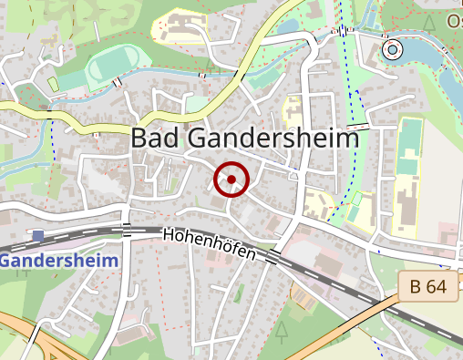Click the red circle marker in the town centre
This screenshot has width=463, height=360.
tap(231, 180)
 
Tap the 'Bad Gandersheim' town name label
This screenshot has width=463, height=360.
tap(245, 139)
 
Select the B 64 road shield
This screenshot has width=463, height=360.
tap(427, 286)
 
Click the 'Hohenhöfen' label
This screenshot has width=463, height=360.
tap(210, 242)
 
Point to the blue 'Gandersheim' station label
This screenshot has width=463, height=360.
tap(60, 261)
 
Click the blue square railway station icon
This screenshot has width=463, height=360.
tap(37, 237)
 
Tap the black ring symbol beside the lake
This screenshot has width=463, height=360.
tap(392, 50)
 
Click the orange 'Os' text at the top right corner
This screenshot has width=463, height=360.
tap(453, 19)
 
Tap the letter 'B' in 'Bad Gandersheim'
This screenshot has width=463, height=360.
tap(142, 139)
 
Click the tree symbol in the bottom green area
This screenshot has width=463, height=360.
tap(282, 327)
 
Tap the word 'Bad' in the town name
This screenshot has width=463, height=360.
tap(156, 139)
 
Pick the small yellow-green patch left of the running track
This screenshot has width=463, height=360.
tap(54, 84)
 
